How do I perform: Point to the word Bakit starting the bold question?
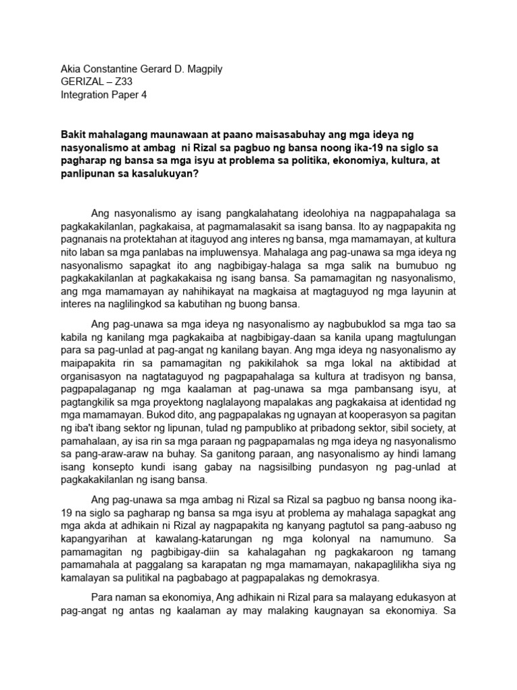(x=75, y=135)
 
